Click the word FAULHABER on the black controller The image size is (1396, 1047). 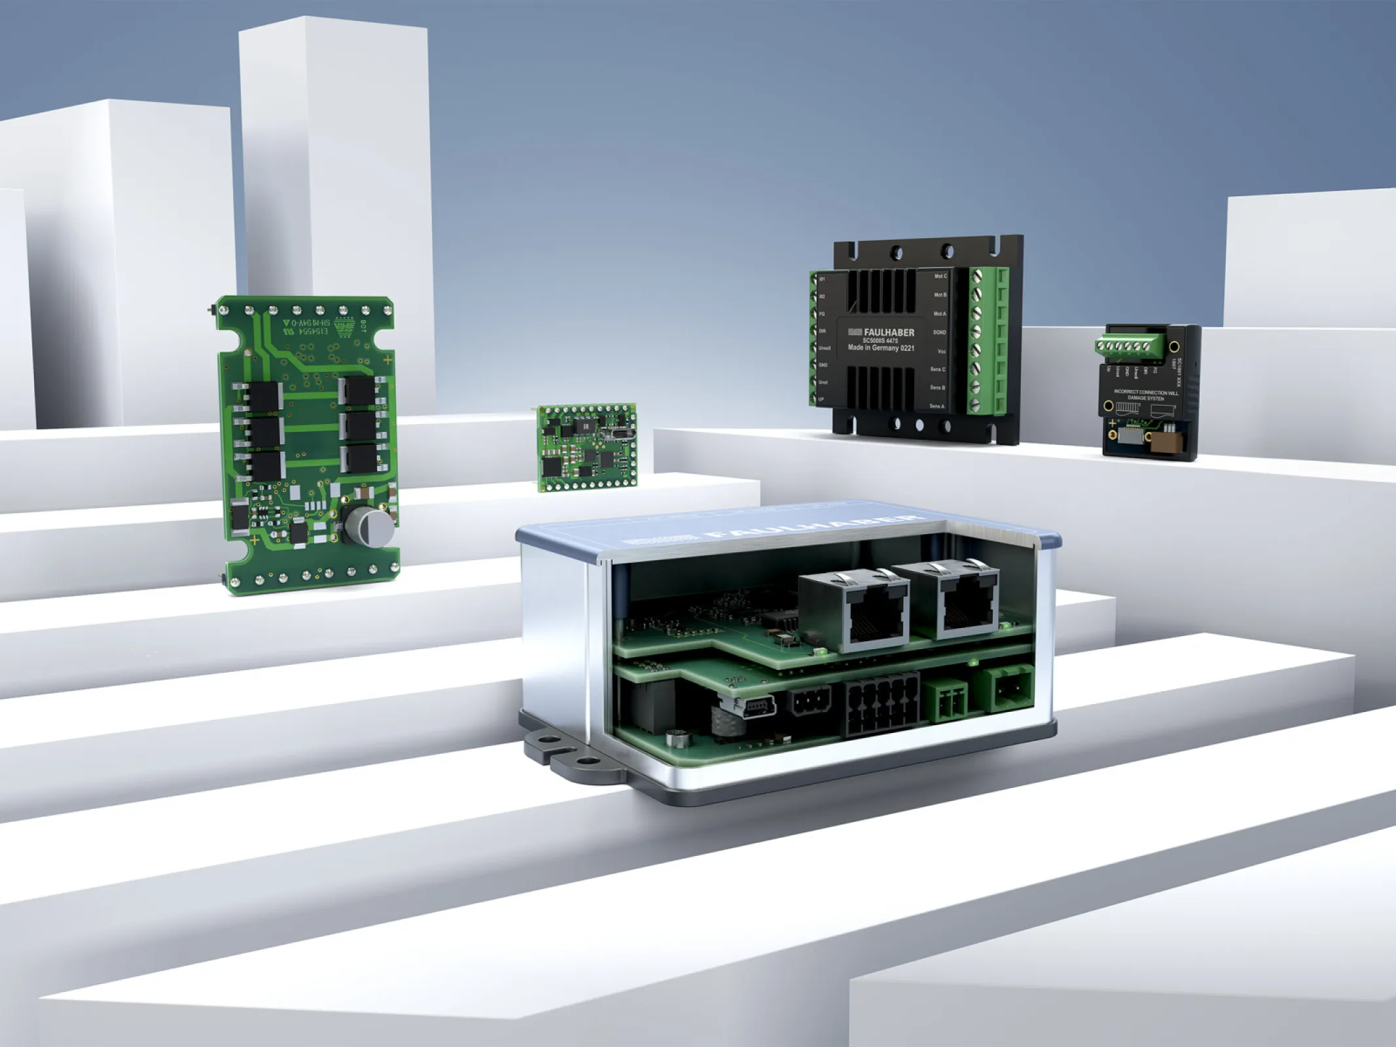tap(888, 332)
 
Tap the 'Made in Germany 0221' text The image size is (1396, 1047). tap(880, 348)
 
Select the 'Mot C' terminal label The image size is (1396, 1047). tap(940, 276)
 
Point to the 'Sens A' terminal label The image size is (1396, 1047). tap(937, 406)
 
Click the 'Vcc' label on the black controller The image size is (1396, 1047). tap(941, 351)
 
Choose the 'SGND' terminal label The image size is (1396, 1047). tap(939, 332)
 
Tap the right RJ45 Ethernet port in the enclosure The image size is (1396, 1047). tap(966, 609)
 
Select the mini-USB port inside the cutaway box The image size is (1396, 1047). tap(759, 707)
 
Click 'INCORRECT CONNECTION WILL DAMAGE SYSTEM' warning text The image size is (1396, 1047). tap(1145, 395)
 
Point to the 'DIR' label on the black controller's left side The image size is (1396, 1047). tap(823, 331)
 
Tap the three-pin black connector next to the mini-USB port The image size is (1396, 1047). tap(810, 703)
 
